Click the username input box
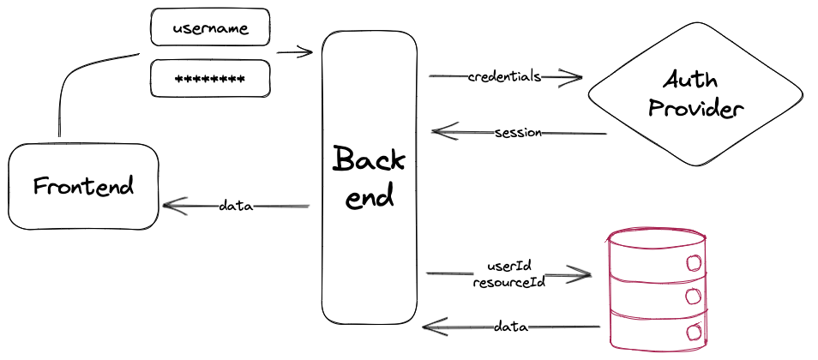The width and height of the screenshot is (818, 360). pyautogui.click(x=210, y=27)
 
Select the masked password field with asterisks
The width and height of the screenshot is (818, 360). pyautogui.click(x=210, y=79)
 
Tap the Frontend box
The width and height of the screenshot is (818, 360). pyautogui.click(x=84, y=187)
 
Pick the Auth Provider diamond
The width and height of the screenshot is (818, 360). pyautogui.click(x=695, y=94)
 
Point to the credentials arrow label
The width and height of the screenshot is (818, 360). pyautogui.click(x=504, y=76)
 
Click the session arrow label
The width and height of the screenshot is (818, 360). pyautogui.click(x=519, y=133)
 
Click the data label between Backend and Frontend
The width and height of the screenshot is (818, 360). pyautogui.click(x=235, y=206)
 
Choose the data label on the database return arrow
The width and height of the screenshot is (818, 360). pyautogui.click(x=510, y=327)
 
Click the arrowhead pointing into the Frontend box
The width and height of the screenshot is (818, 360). pyautogui.click(x=169, y=206)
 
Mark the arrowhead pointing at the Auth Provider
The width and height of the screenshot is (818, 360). pyautogui.click(x=576, y=77)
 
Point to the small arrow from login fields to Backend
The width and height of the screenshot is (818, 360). pyautogui.click(x=296, y=52)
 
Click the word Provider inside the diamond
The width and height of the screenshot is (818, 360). pyautogui.click(x=695, y=109)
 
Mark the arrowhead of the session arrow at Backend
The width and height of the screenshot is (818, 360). pyautogui.click(x=437, y=132)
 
